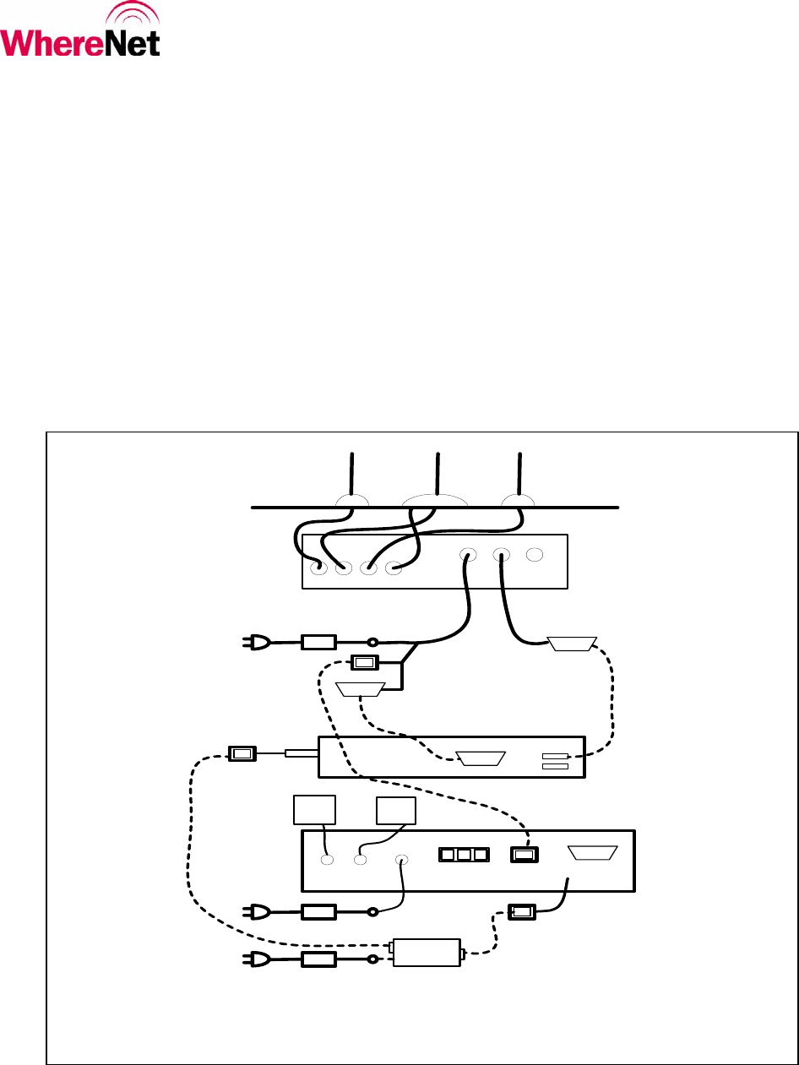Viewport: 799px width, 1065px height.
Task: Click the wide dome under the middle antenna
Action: [435, 501]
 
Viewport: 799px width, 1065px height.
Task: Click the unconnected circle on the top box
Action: [534, 556]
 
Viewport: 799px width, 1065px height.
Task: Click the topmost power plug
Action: [257, 643]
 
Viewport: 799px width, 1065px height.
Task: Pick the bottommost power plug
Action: [257, 959]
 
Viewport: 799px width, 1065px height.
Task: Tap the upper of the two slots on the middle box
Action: [554, 756]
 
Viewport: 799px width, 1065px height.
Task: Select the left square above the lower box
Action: [314, 809]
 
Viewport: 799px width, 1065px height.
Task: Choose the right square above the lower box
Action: [395, 809]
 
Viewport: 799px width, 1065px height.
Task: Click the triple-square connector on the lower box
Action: [464, 855]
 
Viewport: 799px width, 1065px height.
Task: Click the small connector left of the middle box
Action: [242, 752]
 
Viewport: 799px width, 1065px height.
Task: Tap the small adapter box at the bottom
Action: [427, 953]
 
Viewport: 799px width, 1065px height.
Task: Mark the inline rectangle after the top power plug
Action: [318, 643]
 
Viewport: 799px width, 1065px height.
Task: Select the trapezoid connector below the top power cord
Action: [361, 689]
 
